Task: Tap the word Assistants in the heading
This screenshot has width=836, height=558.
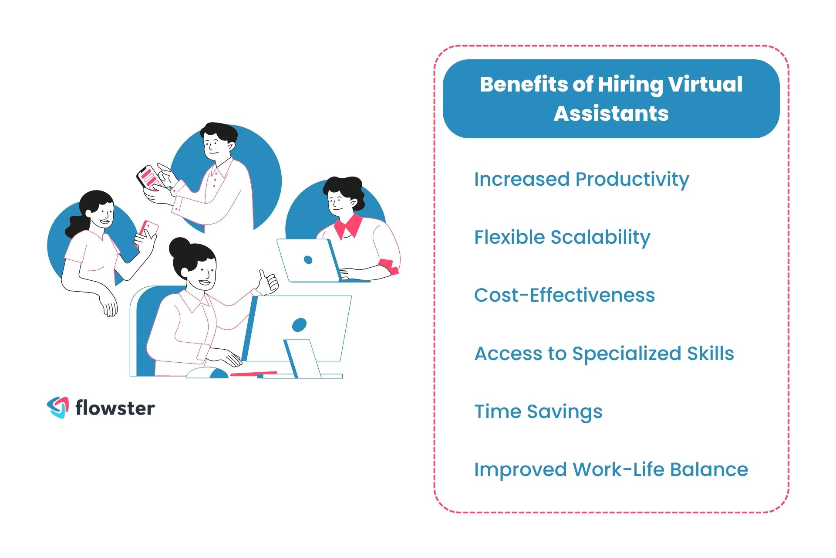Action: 611,113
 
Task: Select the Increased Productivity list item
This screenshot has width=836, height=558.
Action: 581,179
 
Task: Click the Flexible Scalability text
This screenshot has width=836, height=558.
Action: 562,238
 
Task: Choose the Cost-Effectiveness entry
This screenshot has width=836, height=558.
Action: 564,295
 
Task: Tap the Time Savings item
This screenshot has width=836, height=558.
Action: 538,412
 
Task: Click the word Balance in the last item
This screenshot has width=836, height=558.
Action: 709,470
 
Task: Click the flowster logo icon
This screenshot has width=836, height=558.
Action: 58,408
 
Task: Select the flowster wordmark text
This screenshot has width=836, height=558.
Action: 115,408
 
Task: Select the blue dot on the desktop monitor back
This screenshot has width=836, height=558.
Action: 299,324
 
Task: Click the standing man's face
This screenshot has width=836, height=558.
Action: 213,144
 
